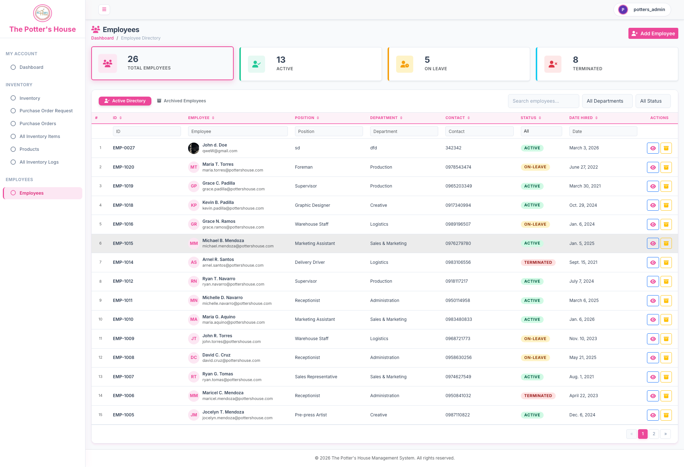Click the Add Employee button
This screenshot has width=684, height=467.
pos(653,34)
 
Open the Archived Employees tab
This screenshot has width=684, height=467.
pos(182,101)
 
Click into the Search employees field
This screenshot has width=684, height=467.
pos(543,101)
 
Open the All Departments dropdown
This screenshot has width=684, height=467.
pos(607,101)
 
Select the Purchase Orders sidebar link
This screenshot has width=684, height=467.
pos(38,124)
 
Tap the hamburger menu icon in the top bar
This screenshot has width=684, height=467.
pos(104,10)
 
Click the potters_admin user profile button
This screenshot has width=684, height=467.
pos(642,10)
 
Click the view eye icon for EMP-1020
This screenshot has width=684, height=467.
pos(653,167)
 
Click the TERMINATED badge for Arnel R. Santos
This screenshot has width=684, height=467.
pos(538,262)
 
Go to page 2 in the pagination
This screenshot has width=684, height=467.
pos(654,434)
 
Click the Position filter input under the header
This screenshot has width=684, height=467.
pos(329,132)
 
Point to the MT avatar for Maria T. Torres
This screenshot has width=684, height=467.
pos(194,167)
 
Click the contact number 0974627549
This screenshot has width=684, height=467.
pos(458,377)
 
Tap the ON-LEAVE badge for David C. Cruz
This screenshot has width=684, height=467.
pos(535,358)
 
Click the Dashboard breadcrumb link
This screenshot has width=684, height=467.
pos(102,38)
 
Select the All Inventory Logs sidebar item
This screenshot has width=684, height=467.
pos(39,162)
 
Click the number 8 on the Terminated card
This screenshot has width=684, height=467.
pos(575,60)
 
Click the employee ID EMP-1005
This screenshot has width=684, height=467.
pos(123,415)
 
